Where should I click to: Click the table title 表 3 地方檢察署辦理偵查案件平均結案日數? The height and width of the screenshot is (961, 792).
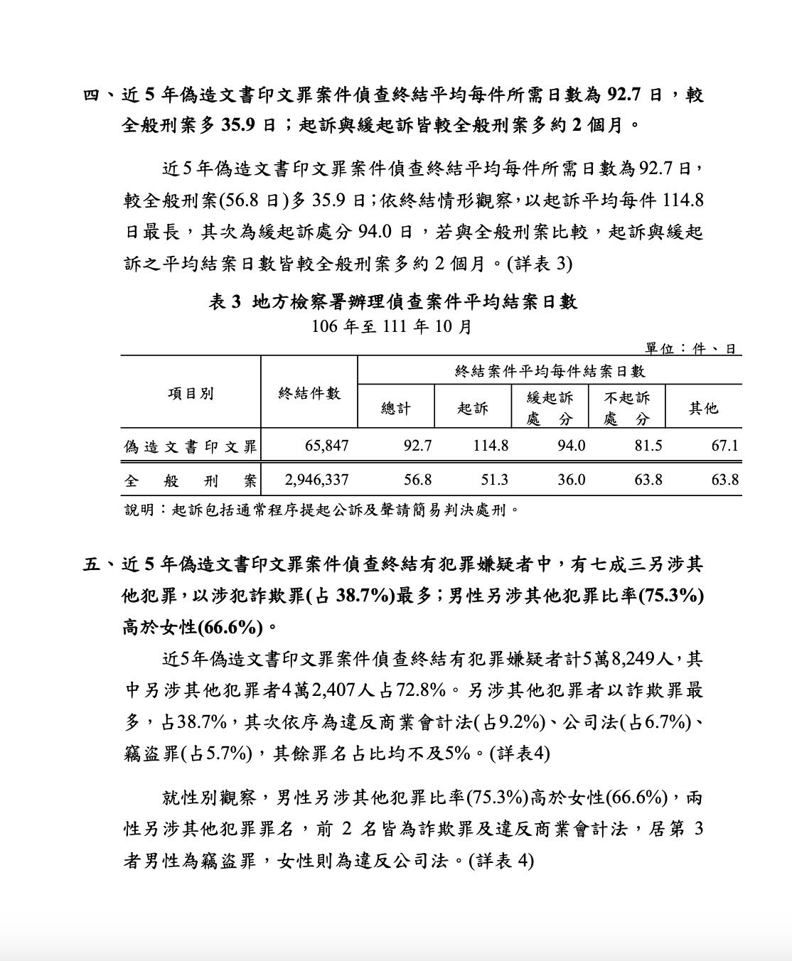tap(392, 302)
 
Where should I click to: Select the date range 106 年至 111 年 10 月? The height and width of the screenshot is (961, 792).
tap(392, 327)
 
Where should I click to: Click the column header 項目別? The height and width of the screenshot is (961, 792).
tap(191, 393)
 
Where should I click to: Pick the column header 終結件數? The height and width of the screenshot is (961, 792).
tap(309, 393)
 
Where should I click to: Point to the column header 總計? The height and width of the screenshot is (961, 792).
tap(396, 408)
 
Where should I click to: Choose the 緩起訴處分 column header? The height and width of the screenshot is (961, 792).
tap(550, 407)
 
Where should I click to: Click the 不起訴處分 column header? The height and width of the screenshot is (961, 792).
tap(626, 407)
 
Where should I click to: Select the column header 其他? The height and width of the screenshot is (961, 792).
tap(703, 408)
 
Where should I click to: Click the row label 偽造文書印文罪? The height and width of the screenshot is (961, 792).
tap(191, 446)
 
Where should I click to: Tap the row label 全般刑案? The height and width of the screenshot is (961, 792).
tap(191, 480)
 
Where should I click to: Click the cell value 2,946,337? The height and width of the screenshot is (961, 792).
tap(316, 480)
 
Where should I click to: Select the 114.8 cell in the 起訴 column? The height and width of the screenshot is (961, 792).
tap(491, 446)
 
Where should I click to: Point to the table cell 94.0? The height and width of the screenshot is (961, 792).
tap(572, 446)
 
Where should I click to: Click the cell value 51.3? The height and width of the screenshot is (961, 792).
tap(494, 480)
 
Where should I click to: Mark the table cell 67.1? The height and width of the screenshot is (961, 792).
tap(724, 446)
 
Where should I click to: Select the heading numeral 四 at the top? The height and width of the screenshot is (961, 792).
tap(93, 95)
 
